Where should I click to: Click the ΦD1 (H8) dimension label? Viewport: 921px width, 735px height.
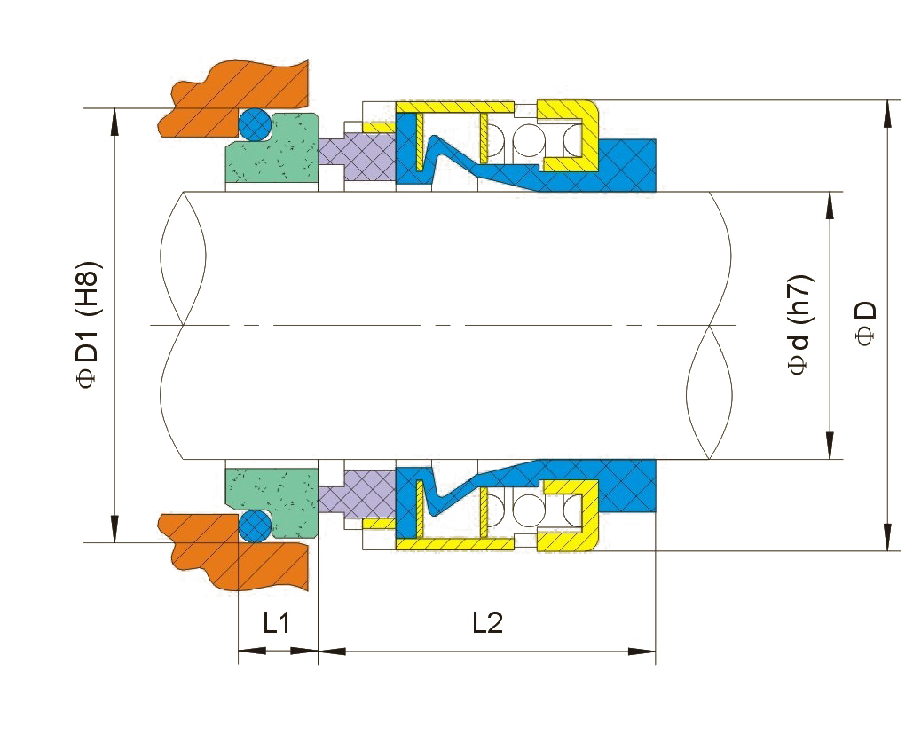click(x=91, y=324)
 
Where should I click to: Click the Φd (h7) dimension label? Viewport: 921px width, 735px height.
click(x=801, y=326)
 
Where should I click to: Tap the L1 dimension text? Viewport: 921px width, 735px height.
click(x=277, y=623)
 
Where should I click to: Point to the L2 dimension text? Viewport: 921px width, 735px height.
click(x=486, y=623)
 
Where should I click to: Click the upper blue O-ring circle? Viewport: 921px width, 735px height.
click(x=256, y=124)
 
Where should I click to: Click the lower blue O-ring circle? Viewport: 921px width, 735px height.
click(x=256, y=526)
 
